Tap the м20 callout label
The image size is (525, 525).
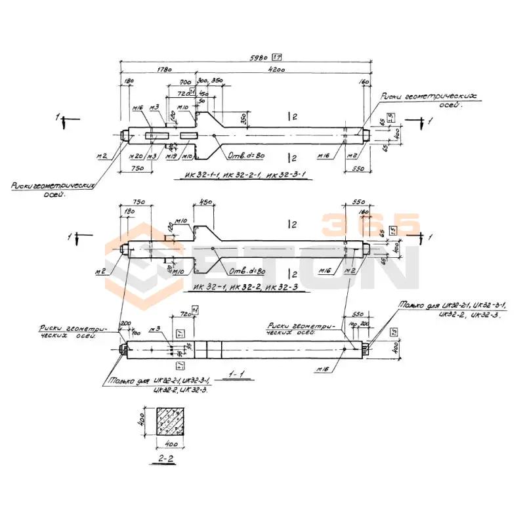pos(135,156)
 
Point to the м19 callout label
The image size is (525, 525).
pos(171,156)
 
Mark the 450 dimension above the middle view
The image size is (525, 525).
pos(205,202)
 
